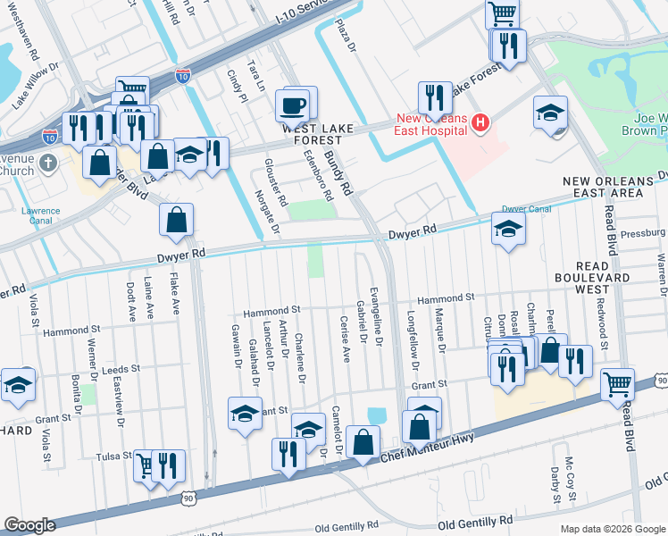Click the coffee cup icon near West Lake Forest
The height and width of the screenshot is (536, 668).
click(295, 106)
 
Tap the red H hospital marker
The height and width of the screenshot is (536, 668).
click(480, 122)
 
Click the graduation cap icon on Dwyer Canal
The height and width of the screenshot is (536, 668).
click(508, 229)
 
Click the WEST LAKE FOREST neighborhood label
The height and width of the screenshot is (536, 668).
click(312, 134)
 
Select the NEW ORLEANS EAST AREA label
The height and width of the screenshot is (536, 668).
click(614, 187)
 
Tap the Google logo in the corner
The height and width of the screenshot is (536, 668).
click(29, 525)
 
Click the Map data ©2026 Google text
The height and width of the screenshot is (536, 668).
click(613, 529)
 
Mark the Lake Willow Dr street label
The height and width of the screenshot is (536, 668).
click(35, 85)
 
